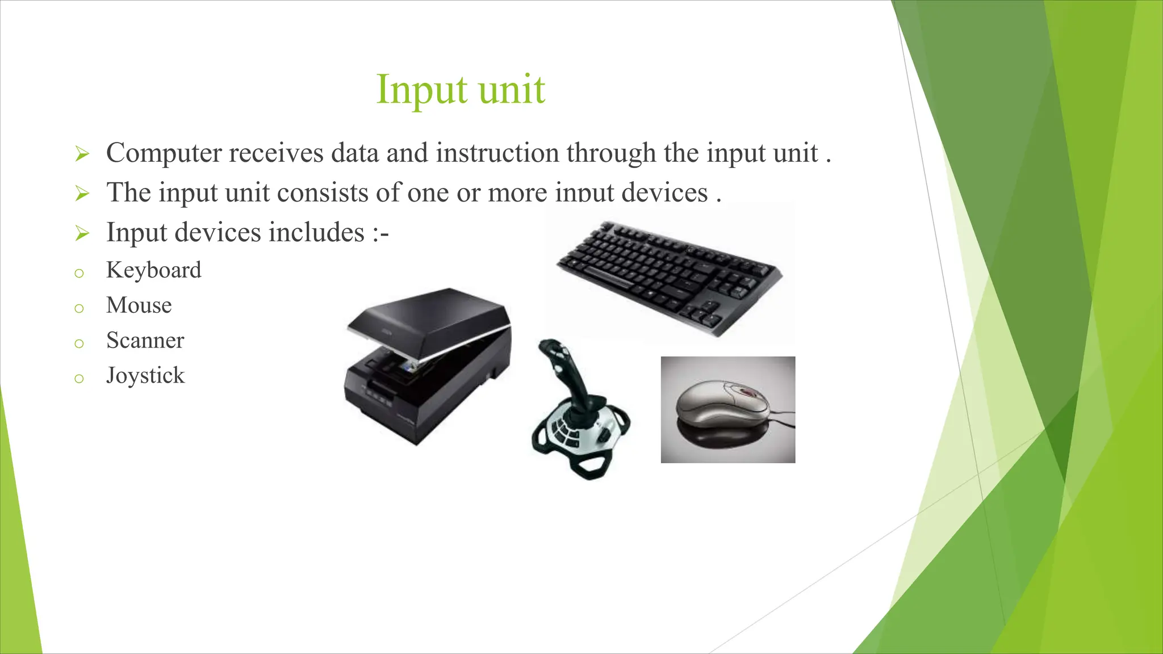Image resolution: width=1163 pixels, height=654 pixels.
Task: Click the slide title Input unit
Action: [x=461, y=90]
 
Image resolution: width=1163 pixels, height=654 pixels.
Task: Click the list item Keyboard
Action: [x=153, y=270]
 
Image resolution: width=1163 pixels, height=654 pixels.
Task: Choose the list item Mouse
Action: [x=139, y=305]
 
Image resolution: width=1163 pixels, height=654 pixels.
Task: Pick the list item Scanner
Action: [x=145, y=341]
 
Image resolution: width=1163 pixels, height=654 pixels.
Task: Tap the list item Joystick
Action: [x=145, y=376]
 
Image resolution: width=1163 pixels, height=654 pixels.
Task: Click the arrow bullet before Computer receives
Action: [x=82, y=154]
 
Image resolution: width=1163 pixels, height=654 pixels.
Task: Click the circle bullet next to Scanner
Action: [x=79, y=343]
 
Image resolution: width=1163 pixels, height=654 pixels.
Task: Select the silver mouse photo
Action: [x=727, y=409]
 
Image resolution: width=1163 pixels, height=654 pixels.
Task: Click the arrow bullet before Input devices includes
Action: [x=82, y=233]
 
